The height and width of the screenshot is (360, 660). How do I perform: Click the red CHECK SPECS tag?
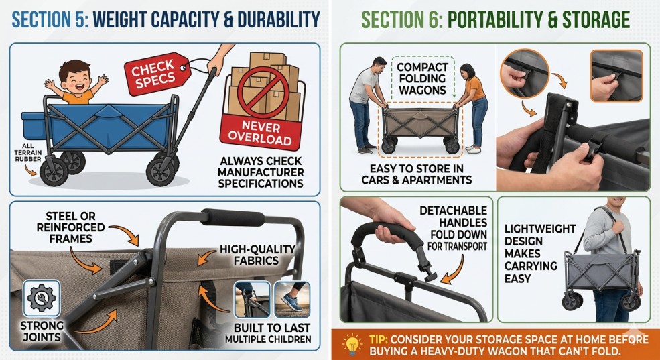[x=155, y=73]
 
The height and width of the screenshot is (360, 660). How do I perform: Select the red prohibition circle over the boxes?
[x=263, y=93]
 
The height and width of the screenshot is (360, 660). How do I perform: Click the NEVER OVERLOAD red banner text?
[x=260, y=133]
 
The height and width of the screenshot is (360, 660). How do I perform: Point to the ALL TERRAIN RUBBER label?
[x=27, y=152]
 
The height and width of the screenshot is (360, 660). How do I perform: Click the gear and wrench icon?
[x=42, y=298]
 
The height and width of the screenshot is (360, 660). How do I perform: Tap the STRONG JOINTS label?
[x=42, y=331]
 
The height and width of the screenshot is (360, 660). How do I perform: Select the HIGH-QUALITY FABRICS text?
[x=257, y=255]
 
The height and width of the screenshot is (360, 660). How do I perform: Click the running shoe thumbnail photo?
[x=292, y=299]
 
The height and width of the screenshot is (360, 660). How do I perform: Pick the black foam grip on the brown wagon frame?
[x=233, y=217]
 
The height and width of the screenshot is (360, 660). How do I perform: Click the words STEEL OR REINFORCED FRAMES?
[x=70, y=227]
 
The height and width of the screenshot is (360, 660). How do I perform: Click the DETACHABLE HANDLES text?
[x=454, y=216]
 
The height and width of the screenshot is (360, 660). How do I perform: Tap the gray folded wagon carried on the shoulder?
[x=602, y=274]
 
